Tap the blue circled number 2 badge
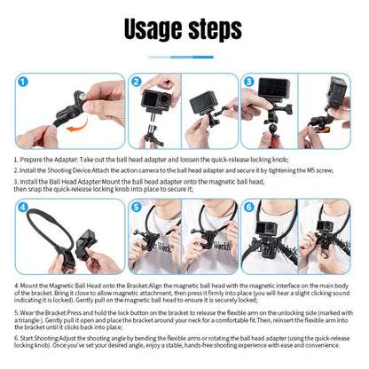pyautogui.click(x=137, y=82)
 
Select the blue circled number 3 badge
pyautogui.click(x=249, y=82)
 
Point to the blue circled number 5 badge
pyautogui.click(x=137, y=208)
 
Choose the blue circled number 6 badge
pyautogui.click(x=249, y=208)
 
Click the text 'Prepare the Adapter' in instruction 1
pyautogui.click(x=46, y=160)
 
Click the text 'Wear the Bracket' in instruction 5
pyautogui.click(x=42, y=311)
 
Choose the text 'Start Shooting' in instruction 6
pyautogui.click(x=40, y=337)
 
